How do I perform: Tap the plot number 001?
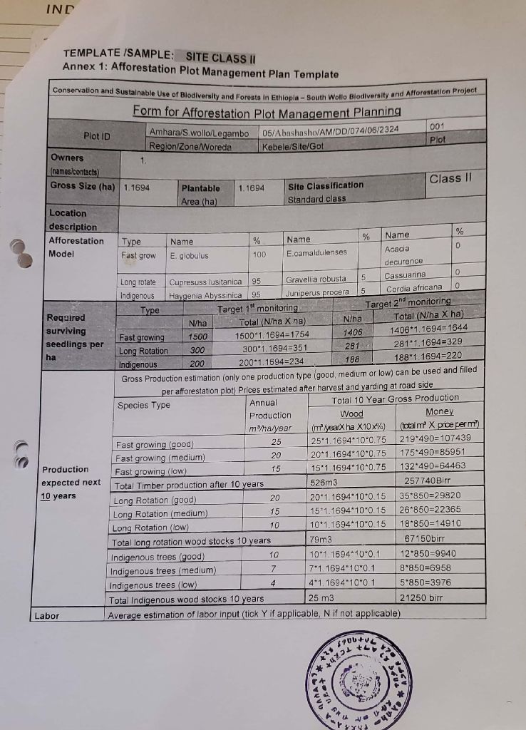click(x=438, y=125)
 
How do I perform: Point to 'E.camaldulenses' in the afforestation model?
click(x=316, y=252)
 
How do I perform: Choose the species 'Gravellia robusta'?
click(x=316, y=279)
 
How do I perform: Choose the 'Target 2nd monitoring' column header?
click(x=408, y=302)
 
